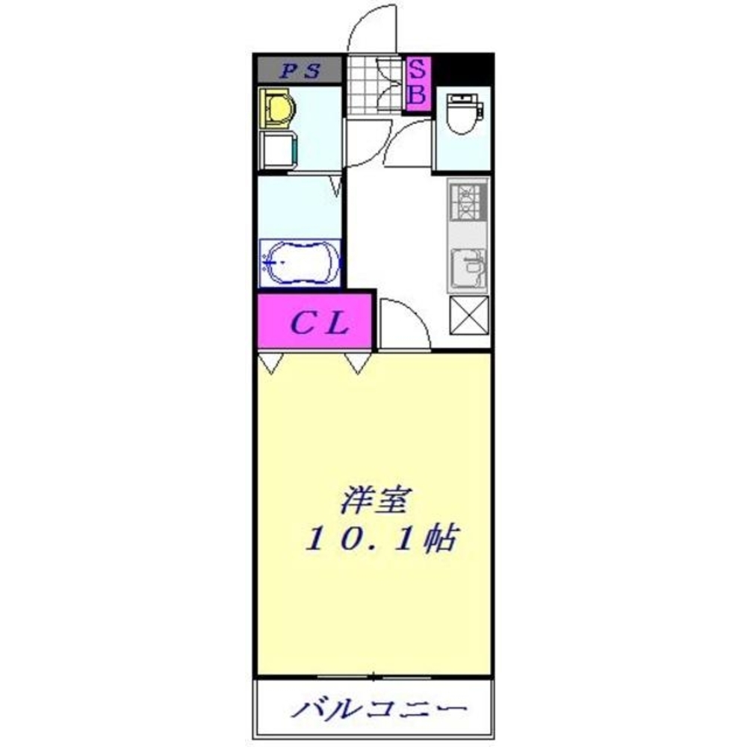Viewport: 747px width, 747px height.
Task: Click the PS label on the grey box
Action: coord(299,72)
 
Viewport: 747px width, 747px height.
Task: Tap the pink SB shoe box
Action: coord(418,83)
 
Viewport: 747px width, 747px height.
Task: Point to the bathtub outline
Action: coord(300,262)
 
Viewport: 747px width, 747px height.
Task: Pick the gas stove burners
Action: coord(468,201)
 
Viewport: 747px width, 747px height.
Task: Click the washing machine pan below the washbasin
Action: coord(277,149)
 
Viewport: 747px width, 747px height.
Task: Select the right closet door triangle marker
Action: coord(358,363)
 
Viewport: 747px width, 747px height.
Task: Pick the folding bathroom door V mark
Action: coord(337,185)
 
